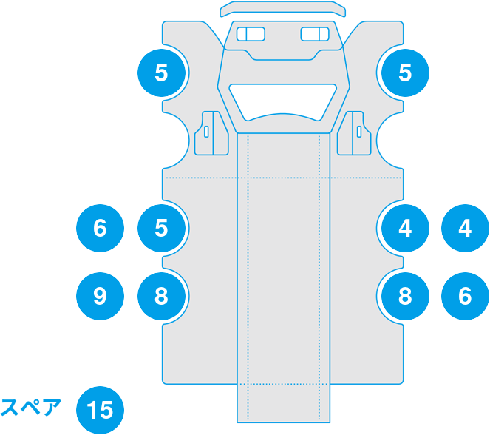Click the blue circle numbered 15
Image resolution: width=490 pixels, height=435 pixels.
[101, 409]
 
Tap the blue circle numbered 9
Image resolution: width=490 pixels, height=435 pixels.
[101, 297]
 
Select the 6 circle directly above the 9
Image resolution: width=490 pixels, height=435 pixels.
[101, 228]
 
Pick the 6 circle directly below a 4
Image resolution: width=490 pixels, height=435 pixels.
[465, 297]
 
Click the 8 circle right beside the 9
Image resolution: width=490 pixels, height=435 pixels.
[162, 297]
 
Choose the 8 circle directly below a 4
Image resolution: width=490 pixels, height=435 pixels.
[404, 297]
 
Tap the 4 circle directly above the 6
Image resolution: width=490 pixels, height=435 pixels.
[465, 228]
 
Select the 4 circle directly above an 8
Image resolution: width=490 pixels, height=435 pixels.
[404, 228]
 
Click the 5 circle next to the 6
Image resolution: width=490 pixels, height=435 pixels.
[162, 228]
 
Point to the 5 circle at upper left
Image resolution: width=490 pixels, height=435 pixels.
[162, 72]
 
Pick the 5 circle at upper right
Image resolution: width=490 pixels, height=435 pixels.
[404, 72]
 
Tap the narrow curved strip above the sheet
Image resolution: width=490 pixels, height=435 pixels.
[283, 10]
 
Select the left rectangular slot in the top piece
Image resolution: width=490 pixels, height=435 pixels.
[250, 34]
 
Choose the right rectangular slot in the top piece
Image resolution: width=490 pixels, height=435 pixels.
[316, 34]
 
